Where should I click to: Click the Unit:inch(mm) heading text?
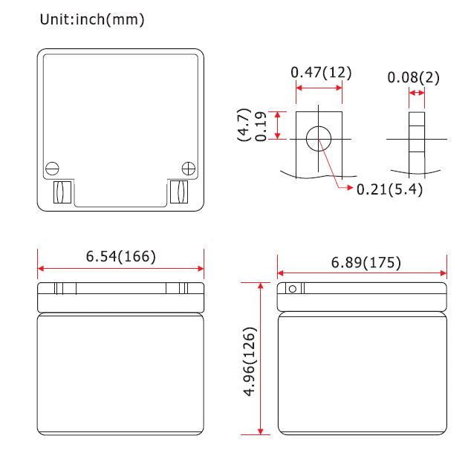[92, 20]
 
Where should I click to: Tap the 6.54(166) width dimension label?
[121, 257]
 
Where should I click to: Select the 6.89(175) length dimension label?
[366, 263]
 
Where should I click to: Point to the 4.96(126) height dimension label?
[250, 362]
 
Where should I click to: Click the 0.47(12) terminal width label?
[321, 73]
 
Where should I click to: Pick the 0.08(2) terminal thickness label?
[413, 77]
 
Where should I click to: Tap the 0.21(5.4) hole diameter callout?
[389, 189]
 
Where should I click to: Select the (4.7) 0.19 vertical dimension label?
[252, 126]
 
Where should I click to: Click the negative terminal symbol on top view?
[52, 169]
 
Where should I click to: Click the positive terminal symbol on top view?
[189, 169]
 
